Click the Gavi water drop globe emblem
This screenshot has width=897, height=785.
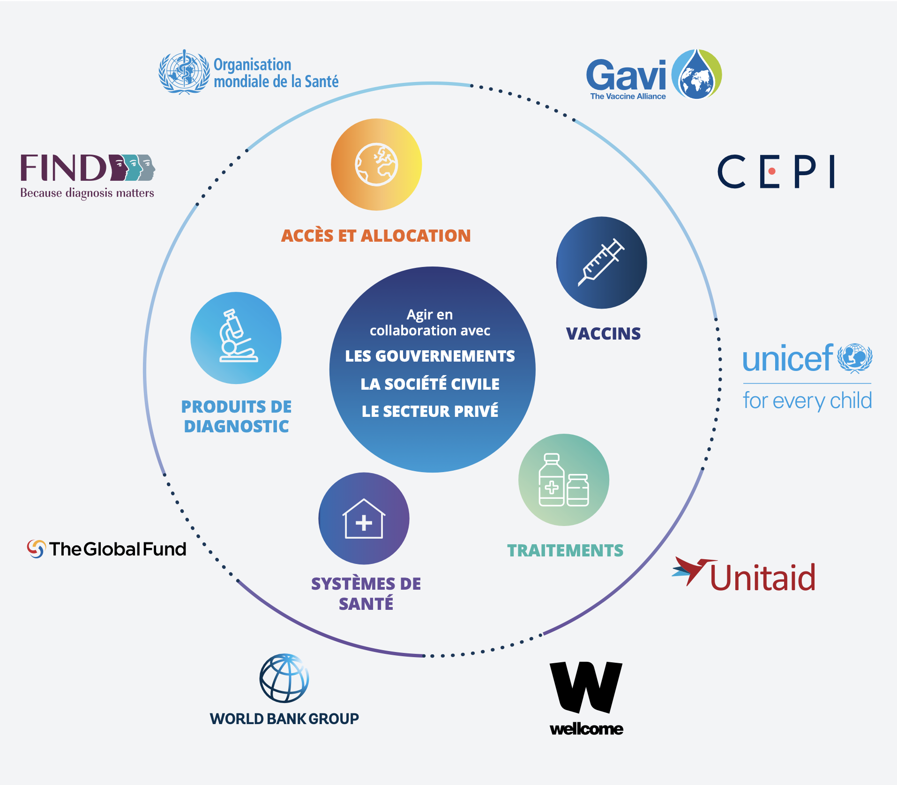point(696,74)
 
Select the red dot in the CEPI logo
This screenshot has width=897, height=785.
point(772,171)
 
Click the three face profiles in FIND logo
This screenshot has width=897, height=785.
point(133,167)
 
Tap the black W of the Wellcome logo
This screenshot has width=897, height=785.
point(586,686)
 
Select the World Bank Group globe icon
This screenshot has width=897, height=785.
point(284,678)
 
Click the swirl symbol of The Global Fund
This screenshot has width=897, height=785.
point(36,549)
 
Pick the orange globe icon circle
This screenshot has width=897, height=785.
point(376,164)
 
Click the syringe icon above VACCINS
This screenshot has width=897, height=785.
point(601,262)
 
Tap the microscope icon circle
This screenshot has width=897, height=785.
point(236,338)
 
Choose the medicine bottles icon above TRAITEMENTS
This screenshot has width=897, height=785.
point(564,480)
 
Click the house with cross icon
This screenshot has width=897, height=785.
point(364,518)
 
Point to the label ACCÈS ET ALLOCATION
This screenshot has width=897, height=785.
point(376,236)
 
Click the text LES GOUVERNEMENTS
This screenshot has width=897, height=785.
point(430,356)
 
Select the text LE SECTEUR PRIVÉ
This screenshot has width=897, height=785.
point(430,411)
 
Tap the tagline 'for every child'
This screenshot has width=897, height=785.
point(807,401)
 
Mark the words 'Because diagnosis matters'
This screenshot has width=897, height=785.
point(87,193)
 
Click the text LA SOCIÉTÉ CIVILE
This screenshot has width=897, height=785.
point(430,384)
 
